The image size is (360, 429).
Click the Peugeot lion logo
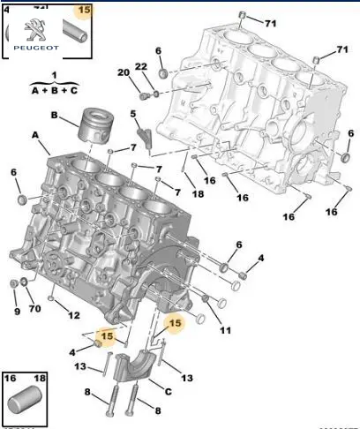tap(34, 29)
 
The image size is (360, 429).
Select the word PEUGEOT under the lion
tap(36, 48)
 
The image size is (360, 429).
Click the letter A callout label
tap(35, 135)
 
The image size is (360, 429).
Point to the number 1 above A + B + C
tap(54, 75)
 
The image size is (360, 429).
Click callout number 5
tap(133, 114)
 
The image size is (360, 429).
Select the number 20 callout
tap(124, 72)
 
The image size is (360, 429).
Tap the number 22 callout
tap(141, 67)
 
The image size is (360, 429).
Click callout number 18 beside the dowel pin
tap(198, 194)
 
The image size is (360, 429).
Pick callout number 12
tap(74, 316)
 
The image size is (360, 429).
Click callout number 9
tap(17, 312)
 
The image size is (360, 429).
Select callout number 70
tap(34, 309)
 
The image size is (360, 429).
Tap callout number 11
tap(225, 331)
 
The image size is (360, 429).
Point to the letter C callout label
tap(168, 392)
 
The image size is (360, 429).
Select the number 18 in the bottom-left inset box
tap(40, 378)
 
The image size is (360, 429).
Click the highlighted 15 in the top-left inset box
tap(84, 10)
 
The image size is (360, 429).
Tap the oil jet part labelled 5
tap(145, 139)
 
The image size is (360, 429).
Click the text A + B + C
tap(55, 90)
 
